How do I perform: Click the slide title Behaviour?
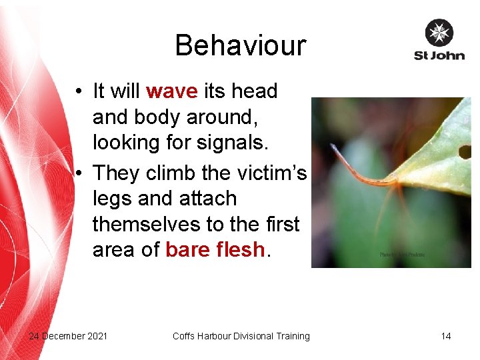(240, 45)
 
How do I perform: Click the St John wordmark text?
(439, 55)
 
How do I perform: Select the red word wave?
(172, 91)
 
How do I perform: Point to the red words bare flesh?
(215, 249)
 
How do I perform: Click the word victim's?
(273, 173)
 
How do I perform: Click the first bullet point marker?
(79, 91)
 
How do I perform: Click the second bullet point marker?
(79, 173)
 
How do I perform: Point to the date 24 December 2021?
(68, 336)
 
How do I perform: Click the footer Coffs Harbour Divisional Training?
(241, 336)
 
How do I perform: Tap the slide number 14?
(445, 336)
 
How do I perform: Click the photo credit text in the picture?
(402, 255)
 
